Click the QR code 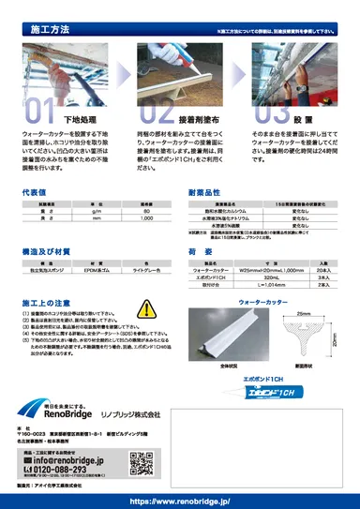pos(140,463)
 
